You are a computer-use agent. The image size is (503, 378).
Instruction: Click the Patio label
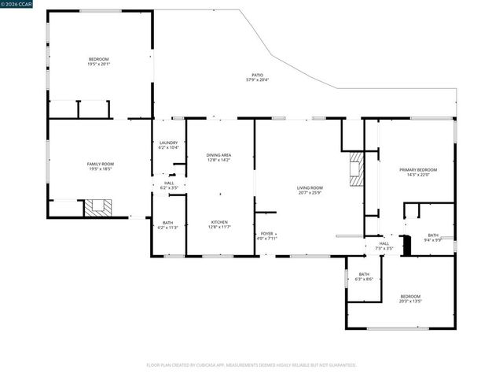pyautogui.click(x=252, y=77)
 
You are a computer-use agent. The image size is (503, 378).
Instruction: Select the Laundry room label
pyautogui.click(x=169, y=145)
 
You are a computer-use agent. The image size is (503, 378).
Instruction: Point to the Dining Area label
pyautogui.click(x=218, y=157)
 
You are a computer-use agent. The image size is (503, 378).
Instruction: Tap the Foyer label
pyautogui.click(x=269, y=235)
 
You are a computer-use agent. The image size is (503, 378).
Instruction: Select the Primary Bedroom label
pyautogui.click(x=417, y=172)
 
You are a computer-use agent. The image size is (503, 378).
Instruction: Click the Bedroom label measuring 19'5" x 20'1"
pyautogui.click(x=99, y=61)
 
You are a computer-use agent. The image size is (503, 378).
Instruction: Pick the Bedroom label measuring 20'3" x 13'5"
pyautogui.click(x=410, y=298)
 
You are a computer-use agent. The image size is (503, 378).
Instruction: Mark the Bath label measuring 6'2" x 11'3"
pyautogui.click(x=168, y=225)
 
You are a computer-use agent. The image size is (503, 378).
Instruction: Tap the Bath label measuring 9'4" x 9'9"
pyautogui.click(x=433, y=237)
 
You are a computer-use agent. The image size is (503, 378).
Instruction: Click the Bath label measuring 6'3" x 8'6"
pyautogui.click(x=364, y=276)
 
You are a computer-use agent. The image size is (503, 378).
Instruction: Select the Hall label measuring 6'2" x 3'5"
pyautogui.click(x=169, y=186)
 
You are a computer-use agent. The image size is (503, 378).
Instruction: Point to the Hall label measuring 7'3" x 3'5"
pyautogui.click(x=384, y=246)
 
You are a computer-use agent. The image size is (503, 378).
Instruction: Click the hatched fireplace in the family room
pyautogui.click(x=99, y=207)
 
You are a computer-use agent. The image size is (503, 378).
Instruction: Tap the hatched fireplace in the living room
pyautogui.click(x=357, y=169)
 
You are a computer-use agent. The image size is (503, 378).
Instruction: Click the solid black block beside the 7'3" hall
pyautogui.click(x=406, y=244)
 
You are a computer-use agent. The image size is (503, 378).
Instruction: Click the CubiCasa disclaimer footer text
pyautogui.click(x=251, y=365)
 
